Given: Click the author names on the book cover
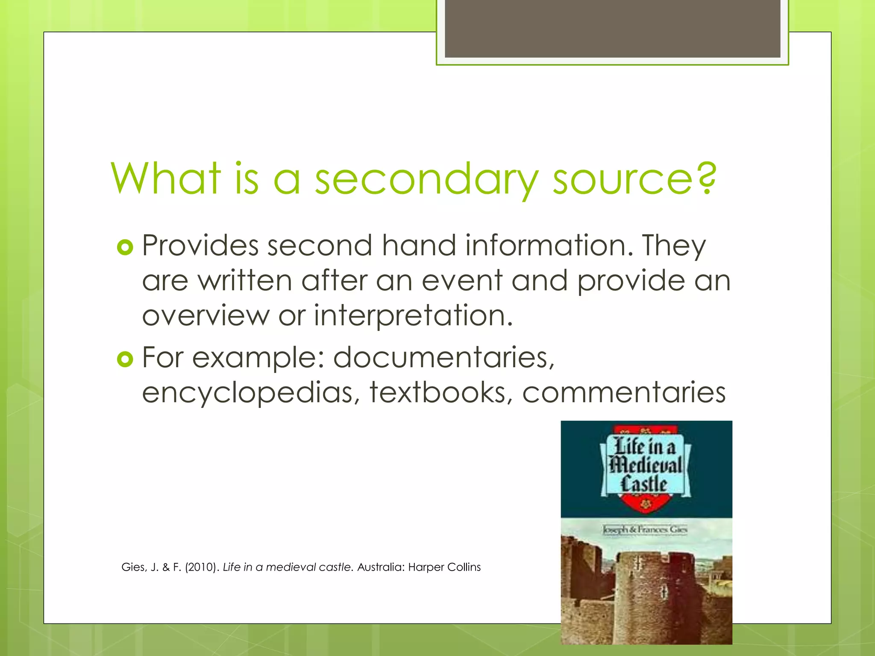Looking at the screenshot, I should (645, 530).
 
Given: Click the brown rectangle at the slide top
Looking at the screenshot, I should (612, 29).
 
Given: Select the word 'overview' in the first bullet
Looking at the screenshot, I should (206, 316).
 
